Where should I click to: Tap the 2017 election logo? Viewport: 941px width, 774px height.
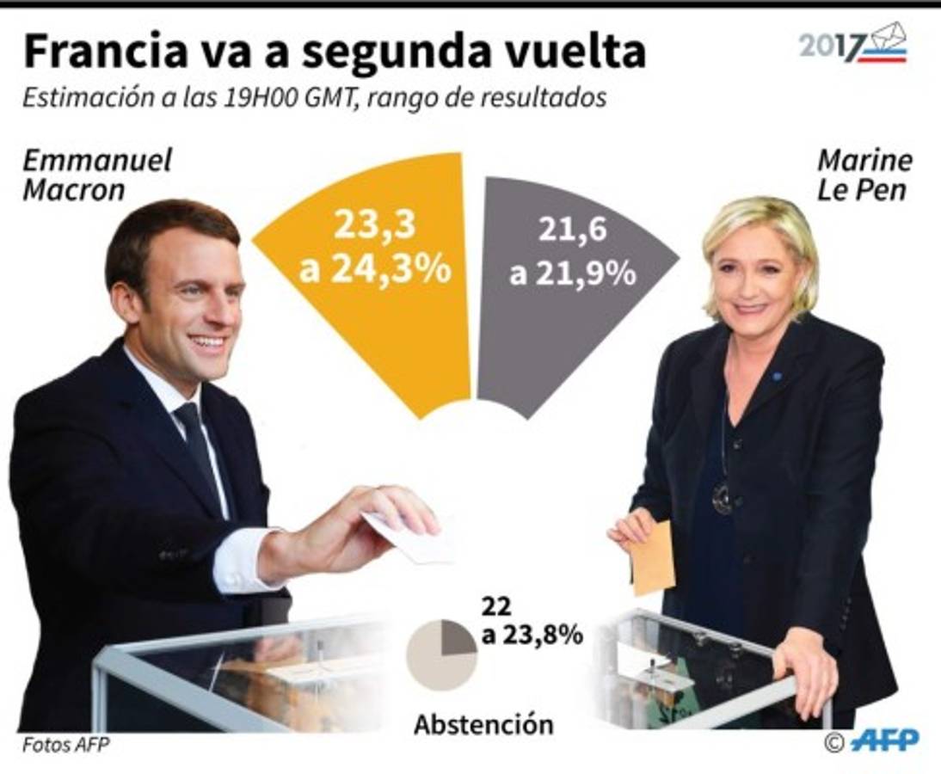tap(852, 45)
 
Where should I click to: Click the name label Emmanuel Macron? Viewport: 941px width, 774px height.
tap(96, 174)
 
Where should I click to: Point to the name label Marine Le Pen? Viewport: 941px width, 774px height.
tap(864, 174)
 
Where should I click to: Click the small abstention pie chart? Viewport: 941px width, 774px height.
tap(441, 655)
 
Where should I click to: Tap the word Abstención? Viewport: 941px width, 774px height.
tap(483, 724)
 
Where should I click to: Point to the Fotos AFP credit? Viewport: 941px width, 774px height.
tap(66, 745)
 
